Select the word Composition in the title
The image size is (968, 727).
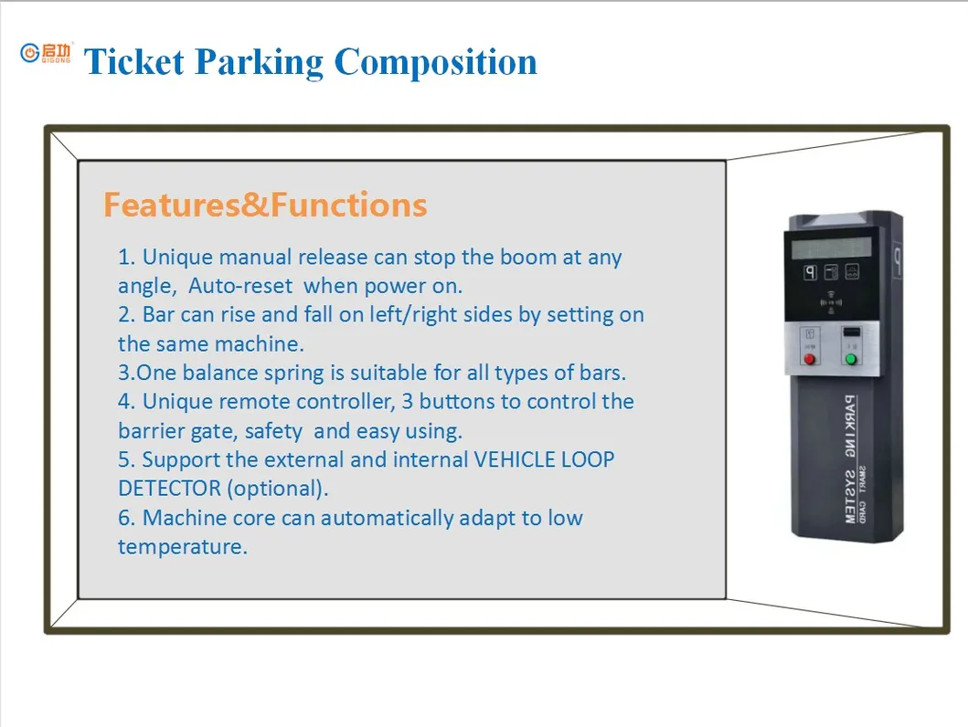tap(435, 62)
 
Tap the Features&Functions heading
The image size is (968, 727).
tap(265, 205)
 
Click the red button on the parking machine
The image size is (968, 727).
tap(808, 359)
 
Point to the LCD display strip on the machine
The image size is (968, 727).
tap(831, 247)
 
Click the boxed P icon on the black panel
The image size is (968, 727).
tap(809, 272)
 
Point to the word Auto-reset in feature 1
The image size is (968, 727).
tap(240, 287)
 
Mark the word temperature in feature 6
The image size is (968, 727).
tap(182, 547)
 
